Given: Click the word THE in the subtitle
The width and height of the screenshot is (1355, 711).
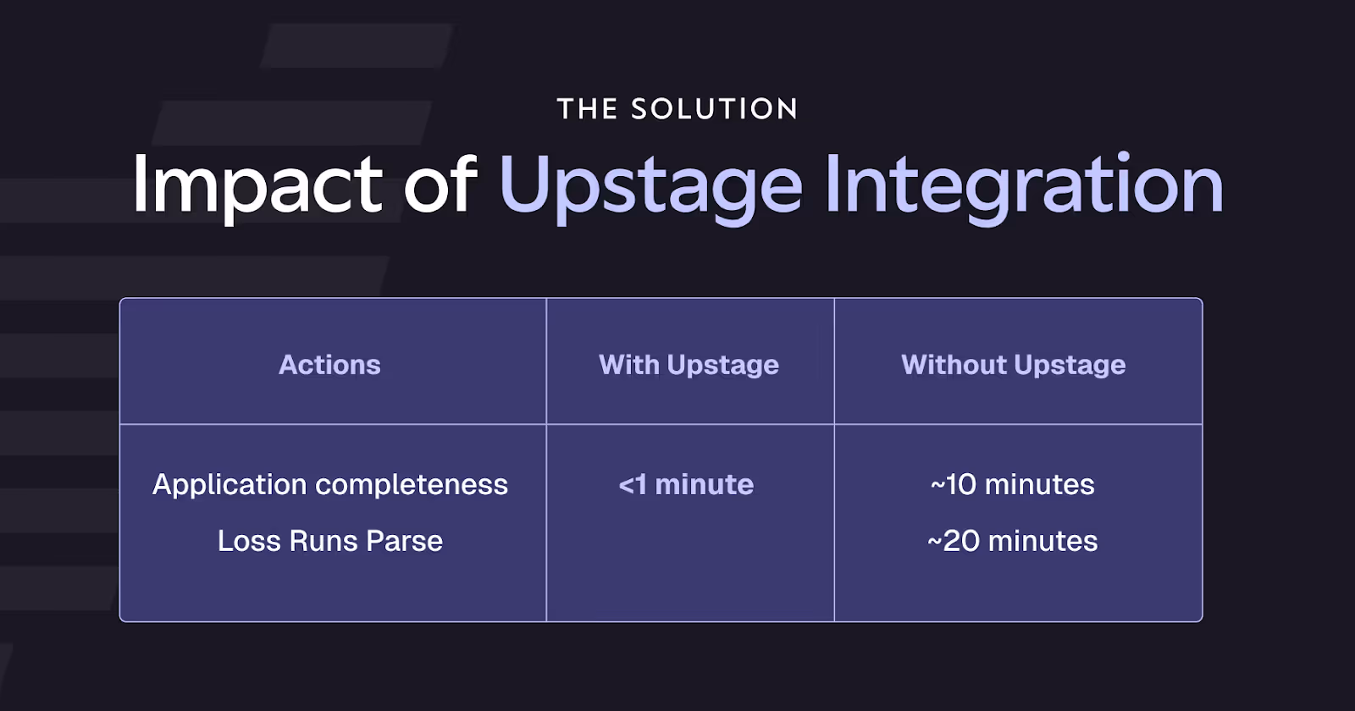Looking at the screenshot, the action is point(587,109).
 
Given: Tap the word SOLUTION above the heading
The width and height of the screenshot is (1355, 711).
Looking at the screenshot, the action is point(714,109).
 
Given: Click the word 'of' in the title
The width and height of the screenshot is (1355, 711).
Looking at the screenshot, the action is point(440,185).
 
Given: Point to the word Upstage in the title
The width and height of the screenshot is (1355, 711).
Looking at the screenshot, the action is point(650,185).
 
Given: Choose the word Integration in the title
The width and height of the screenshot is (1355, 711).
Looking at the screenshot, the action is point(1024,185).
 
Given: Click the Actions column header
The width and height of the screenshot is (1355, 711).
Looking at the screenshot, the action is point(329,365).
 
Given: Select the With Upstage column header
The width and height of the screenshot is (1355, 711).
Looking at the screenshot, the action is point(689,365).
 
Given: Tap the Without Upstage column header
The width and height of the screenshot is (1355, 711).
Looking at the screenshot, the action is point(1013,365).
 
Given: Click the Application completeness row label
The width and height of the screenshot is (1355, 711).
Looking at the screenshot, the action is point(329,484).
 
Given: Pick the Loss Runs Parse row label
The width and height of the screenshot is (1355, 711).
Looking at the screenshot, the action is point(329,541).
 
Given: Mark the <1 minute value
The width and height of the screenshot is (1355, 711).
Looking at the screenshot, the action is point(686,484).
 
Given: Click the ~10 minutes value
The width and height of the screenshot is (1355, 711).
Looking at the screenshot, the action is point(1013,484).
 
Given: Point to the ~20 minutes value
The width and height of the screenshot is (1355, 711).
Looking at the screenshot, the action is point(1013,541).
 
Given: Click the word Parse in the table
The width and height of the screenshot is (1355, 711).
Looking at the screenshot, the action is point(404,541).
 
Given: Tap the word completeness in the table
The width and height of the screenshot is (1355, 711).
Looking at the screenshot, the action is point(412,484).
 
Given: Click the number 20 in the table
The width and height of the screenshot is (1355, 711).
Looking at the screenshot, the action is point(961,541).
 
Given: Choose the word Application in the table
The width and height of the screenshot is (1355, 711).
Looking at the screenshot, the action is point(230,484).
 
